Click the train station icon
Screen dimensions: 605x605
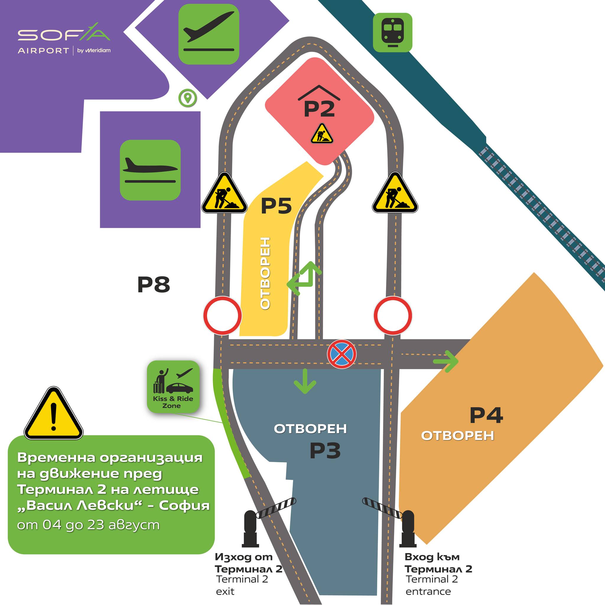click(x=392, y=32)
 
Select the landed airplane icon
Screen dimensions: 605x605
click(x=150, y=170)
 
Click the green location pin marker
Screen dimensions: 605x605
click(x=188, y=98)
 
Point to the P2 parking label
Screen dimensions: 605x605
click(x=319, y=109)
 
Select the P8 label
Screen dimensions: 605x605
click(x=153, y=284)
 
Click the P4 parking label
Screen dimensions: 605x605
click(x=486, y=415)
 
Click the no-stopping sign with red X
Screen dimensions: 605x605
click(x=341, y=354)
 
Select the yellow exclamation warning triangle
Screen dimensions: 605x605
click(x=53, y=414)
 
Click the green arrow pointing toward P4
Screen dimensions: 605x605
click(x=446, y=361)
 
